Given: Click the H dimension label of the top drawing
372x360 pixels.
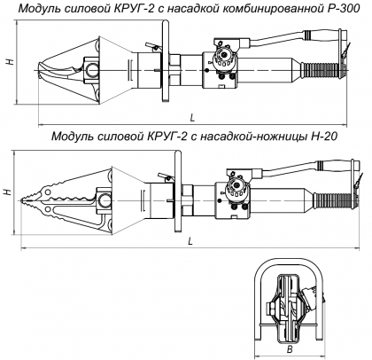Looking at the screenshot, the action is pos(11,61).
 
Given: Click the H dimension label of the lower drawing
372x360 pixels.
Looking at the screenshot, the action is pos(8,192).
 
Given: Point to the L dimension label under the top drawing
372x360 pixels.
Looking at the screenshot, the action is pos(192,118).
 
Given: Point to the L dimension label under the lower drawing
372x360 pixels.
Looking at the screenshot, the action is pos(190,241).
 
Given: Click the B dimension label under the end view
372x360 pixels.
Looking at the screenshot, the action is pos(290,349).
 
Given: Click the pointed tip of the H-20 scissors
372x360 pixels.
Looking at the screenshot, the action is pos(22,201).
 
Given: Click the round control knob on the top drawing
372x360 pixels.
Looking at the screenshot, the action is pos(225,56).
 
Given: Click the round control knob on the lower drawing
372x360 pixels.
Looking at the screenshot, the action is pos(237,186).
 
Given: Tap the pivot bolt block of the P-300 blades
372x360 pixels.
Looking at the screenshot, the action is pos(91,70).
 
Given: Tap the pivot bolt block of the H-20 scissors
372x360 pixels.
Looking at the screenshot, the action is pos(104,201).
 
